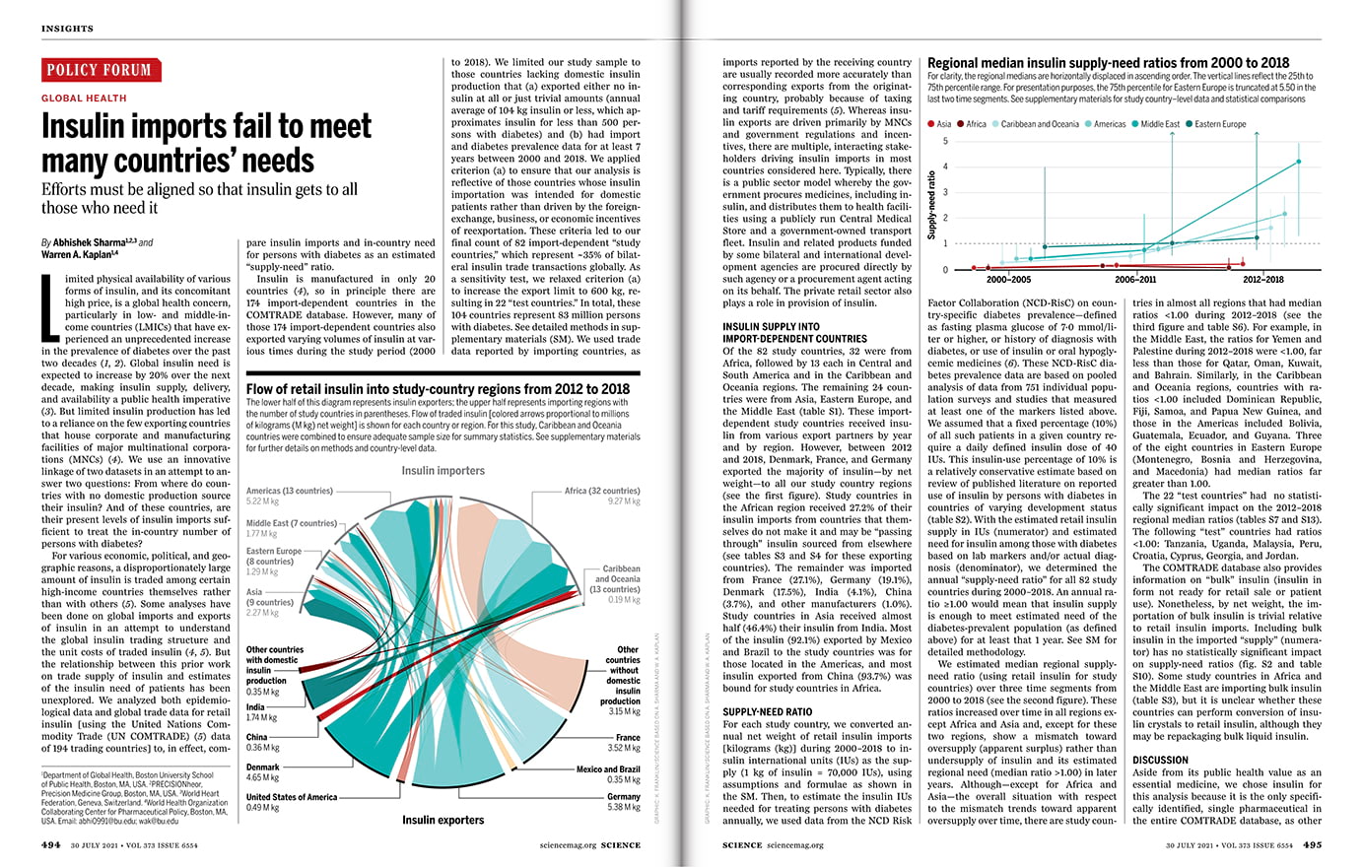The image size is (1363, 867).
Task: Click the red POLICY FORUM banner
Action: [102, 70]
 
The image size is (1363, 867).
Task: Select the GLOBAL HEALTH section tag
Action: [84, 99]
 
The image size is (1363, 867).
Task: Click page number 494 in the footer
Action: [51, 844]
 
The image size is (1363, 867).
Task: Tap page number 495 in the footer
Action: [1313, 844]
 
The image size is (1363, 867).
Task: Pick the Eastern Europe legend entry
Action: [1219, 124]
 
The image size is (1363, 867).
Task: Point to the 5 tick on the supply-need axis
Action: [945, 142]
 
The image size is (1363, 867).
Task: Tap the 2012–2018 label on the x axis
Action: [1263, 280]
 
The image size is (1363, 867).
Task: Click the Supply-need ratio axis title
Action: [932, 205]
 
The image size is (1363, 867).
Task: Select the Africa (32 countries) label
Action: [602, 491]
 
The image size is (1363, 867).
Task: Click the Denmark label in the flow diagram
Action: [263, 767]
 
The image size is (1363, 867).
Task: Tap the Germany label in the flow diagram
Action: [624, 796]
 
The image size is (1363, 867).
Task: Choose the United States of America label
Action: [292, 797]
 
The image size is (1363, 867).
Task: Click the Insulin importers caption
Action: [443, 471]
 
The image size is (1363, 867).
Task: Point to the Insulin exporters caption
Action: [443, 820]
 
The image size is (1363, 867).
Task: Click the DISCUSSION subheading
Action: [1161, 760]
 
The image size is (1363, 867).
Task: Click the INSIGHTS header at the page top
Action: [67, 29]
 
